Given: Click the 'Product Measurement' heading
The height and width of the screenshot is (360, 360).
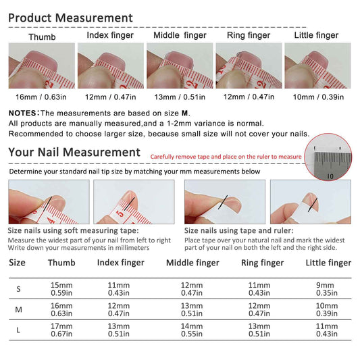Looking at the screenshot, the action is pos(70,18).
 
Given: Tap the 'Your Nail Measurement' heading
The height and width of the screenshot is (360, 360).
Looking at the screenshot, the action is pos(74,152).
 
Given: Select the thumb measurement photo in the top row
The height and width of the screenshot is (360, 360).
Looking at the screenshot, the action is pos(42,66).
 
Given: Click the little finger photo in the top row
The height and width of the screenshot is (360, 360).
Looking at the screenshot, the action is pos(317,66).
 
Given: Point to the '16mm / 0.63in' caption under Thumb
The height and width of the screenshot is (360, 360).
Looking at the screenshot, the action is pos(41,97).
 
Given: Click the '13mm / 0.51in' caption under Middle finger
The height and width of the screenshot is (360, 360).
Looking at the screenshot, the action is pos(180,97).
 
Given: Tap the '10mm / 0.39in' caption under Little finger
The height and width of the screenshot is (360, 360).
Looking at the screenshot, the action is pos(318,97).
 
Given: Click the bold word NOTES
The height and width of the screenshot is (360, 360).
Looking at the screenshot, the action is pos(22,113).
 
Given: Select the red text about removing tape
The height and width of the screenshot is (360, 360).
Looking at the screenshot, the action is pos(226,157).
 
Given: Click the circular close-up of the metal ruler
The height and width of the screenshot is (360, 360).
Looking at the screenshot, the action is pos(328,157).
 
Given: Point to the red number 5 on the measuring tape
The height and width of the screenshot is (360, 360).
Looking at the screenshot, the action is pos(120,214).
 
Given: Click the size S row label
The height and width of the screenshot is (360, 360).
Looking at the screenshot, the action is pos(19,289).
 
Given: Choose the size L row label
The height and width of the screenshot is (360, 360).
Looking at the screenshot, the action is pos(18,330).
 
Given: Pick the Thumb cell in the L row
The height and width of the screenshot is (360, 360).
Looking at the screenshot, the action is pos(61,330).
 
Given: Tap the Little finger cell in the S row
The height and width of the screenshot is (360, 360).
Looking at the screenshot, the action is pos(327,289).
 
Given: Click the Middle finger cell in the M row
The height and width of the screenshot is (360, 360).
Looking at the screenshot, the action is pos(192,309).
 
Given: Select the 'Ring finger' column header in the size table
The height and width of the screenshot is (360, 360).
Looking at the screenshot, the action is pos(263,263).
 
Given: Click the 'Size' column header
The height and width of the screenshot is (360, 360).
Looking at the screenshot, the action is pos(17,263).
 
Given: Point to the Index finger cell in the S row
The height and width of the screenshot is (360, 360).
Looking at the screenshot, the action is pos(119,289).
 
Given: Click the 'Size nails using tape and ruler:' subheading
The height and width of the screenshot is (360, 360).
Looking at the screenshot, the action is pos(239,230).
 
